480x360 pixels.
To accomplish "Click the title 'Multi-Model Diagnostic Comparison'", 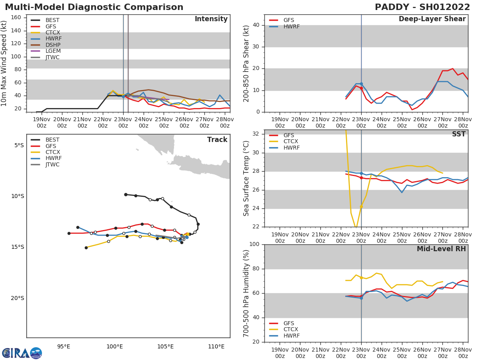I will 94,7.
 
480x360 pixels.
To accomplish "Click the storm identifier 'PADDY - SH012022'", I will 422,7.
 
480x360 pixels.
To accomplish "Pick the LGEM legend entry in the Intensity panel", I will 52,51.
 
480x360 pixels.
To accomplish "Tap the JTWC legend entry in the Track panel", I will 52,164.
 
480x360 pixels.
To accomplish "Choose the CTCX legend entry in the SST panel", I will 290,142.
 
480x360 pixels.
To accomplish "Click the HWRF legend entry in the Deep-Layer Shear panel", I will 291,26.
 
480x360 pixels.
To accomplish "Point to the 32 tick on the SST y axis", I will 257,134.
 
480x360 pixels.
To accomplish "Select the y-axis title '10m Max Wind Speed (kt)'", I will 5,64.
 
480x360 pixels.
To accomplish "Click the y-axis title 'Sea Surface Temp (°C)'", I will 246,178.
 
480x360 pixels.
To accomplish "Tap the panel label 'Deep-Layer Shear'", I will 432,19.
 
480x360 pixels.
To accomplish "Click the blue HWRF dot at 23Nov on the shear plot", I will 361,84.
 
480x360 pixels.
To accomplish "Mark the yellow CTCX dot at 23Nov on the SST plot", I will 361,206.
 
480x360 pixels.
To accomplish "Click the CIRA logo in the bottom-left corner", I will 22,353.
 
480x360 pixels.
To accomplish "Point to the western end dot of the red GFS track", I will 69,233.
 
